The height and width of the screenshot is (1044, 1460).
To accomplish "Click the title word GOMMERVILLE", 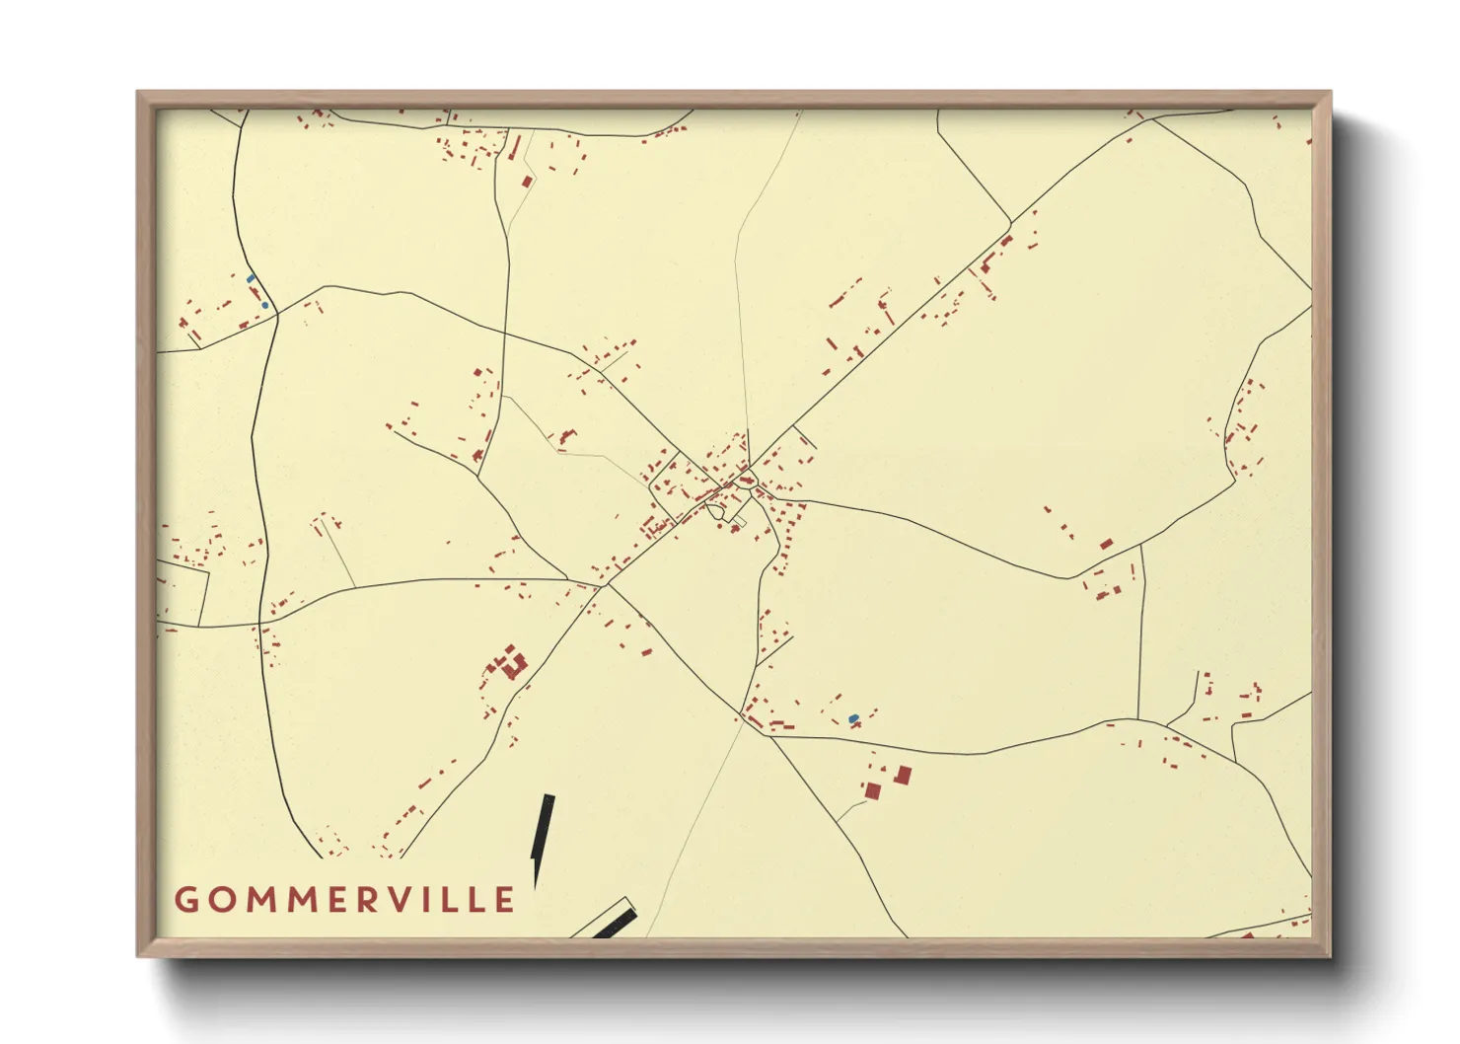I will [345, 899].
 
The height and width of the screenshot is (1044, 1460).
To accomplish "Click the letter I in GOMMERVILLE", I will [441, 899].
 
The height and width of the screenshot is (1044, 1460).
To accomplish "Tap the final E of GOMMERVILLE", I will [505, 899].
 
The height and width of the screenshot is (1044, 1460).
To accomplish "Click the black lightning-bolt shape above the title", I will [542, 834].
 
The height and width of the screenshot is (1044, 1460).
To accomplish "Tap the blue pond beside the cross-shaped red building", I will [853, 719].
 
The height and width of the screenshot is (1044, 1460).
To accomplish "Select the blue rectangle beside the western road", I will [251, 279].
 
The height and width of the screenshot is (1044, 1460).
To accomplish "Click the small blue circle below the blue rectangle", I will [264, 306].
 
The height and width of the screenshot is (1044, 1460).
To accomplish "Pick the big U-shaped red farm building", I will [511, 665].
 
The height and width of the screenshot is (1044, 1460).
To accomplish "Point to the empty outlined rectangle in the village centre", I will [738, 519].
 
